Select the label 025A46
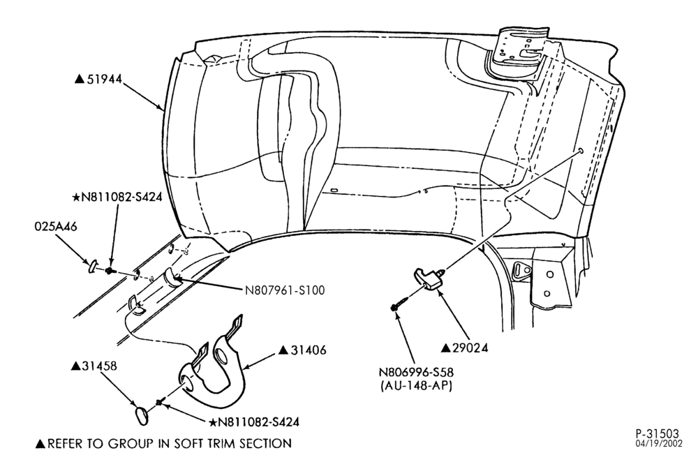point(56,227)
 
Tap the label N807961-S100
point(285,290)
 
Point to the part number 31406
point(309,350)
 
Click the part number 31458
point(100,366)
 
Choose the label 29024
point(470,348)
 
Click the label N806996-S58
point(416,372)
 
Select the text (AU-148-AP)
point(416,386)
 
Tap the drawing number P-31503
point(658,434)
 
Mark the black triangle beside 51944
point(80,79)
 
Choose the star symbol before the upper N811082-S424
point(75,197)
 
